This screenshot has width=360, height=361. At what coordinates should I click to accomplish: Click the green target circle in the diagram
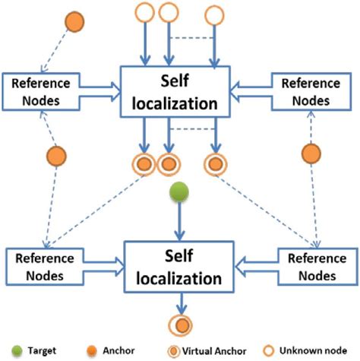[x=178, y=192]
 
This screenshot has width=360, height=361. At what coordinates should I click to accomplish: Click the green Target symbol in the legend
[x=17, y=351]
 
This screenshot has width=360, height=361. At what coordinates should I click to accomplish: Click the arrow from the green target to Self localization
[x=178, y=223]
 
